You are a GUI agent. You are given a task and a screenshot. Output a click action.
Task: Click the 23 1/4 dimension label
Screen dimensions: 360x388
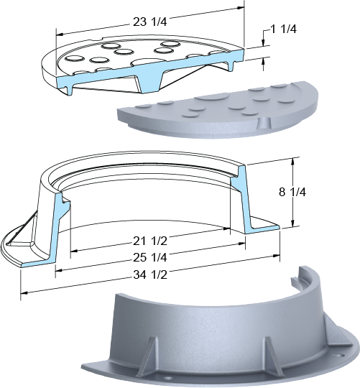(x=150, y=22)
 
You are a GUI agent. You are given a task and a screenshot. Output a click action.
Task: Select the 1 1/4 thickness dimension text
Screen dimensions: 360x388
(x=284, y=29)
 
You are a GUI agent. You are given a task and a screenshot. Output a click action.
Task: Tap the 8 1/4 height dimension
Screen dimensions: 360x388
(x=292, y=192)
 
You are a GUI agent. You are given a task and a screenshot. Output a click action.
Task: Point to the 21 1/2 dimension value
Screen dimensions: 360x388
(x=150, y=241)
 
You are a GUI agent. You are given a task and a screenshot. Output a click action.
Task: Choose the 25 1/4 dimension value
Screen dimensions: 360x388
(x=150, y=258)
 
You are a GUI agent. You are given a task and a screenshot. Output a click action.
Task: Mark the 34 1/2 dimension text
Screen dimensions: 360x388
(x=150, y=274)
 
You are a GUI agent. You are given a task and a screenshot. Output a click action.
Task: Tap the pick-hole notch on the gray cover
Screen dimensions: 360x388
(x=264, y=123)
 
